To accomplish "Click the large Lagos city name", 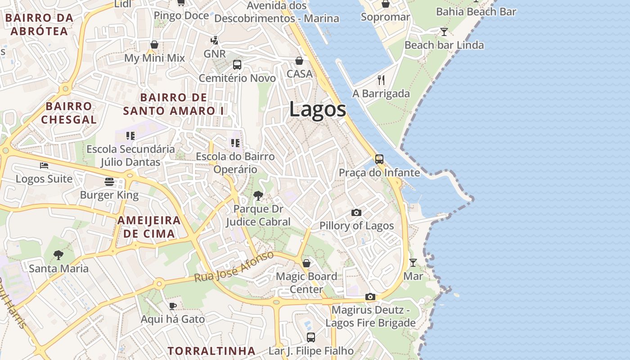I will [x=318, y=109].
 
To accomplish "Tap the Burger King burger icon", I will [x=109, y=181].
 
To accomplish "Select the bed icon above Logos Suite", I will [x=44, y=166].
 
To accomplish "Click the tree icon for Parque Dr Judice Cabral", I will [x=258, y=195].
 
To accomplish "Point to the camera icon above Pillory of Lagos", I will [x=356, y=212].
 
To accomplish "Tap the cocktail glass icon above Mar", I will [x=413, y=262].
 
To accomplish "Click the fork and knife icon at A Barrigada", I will [x=381, y=80].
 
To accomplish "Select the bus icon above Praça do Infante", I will [x=379, y=159].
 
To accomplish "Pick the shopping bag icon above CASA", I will [x=299, y=60].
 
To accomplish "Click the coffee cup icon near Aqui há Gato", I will [x=172, y=306].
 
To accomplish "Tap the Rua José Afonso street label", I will [x=234, y=267].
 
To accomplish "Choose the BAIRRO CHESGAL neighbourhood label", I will [x=69, y=113].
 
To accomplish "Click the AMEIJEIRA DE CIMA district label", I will [x=149, y=227].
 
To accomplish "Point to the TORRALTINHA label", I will [x=211, y=351].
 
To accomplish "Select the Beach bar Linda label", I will [x=444, y=45].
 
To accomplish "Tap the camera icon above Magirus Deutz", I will [x=370, y=297].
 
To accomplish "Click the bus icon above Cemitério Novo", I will [x=237, y=65].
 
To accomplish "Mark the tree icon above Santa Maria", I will [x=58, y=255].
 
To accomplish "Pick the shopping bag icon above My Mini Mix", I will [x=154, y=45].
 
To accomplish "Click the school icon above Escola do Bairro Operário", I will [x=235, y=143].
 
